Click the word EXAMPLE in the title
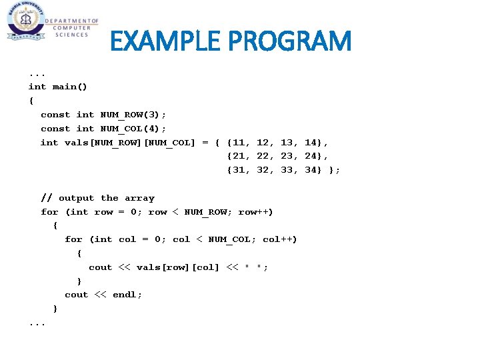coord(166,41)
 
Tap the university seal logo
coord(25,21)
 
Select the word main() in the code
coord(70,87)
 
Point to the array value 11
coord(241,143)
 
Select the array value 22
coord(265,157)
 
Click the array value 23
coord(289,157)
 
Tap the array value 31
coord(241,171)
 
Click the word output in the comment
coord(77,198)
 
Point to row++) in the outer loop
coord(255,212)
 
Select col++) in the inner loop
coord(279,239)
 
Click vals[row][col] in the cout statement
coord(177,267)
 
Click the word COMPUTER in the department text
coord(70,28)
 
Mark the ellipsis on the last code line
coord(37,323)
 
